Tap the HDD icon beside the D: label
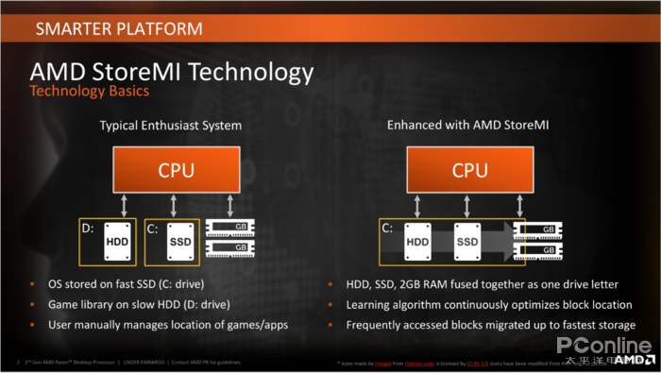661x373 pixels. tap(118, 242)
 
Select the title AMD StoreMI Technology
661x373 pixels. tap(171, 72)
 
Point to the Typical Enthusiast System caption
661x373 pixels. tap(171, 125)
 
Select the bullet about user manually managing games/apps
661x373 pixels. tap(167, 325)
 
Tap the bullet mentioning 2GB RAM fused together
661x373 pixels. tap(480, 284)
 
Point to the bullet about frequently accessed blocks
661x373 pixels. tap(490, 325)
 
